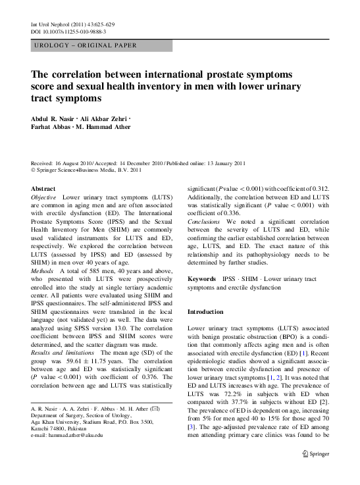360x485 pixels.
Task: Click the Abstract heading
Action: [43, 188]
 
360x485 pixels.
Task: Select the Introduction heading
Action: [206, 311]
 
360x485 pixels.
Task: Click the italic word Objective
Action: [45, 197]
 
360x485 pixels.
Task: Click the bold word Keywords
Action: [201, 279]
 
